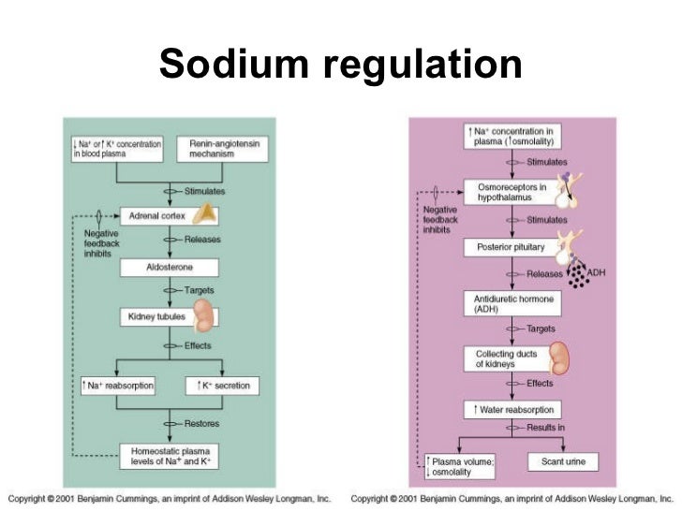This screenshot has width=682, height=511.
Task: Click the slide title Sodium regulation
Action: [340, 65]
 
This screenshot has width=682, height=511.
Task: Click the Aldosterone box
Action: [170, 268]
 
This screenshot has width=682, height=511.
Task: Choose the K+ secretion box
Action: [223, 386]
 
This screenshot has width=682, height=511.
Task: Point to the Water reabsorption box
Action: [511, 409]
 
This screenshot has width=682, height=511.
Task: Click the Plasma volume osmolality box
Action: [460, 464]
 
